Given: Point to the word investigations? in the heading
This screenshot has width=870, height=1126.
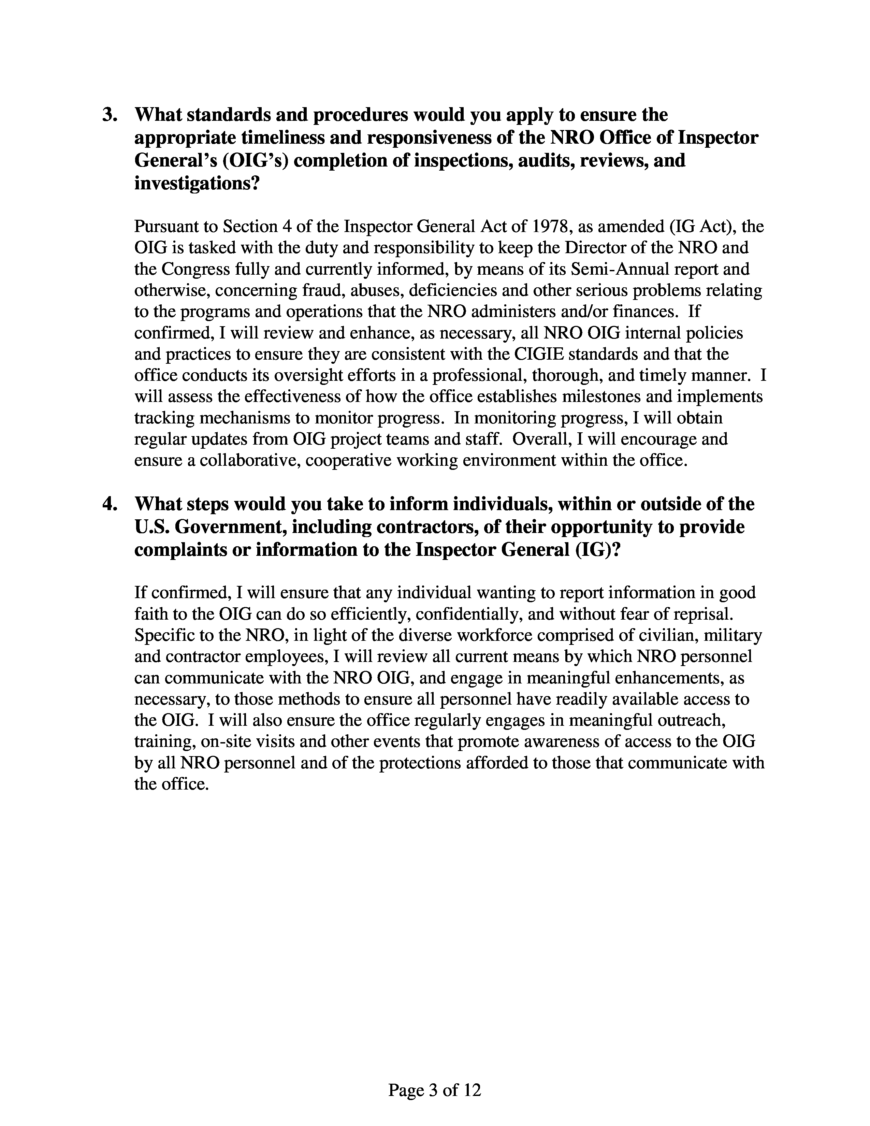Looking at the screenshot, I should pos(196,184).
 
